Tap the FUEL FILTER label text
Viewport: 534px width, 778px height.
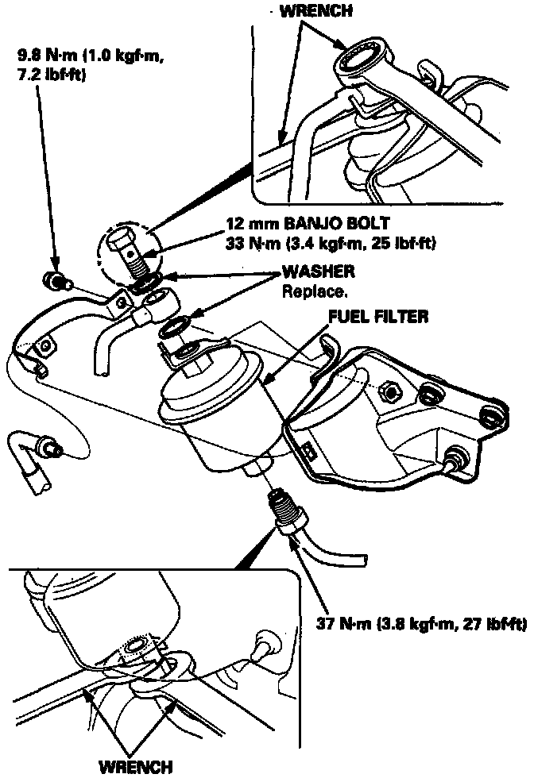click(x=379, y=316)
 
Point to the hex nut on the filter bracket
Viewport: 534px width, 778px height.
click(x=390, y=391)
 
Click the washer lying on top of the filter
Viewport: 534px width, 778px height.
click(x=174, y=328)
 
